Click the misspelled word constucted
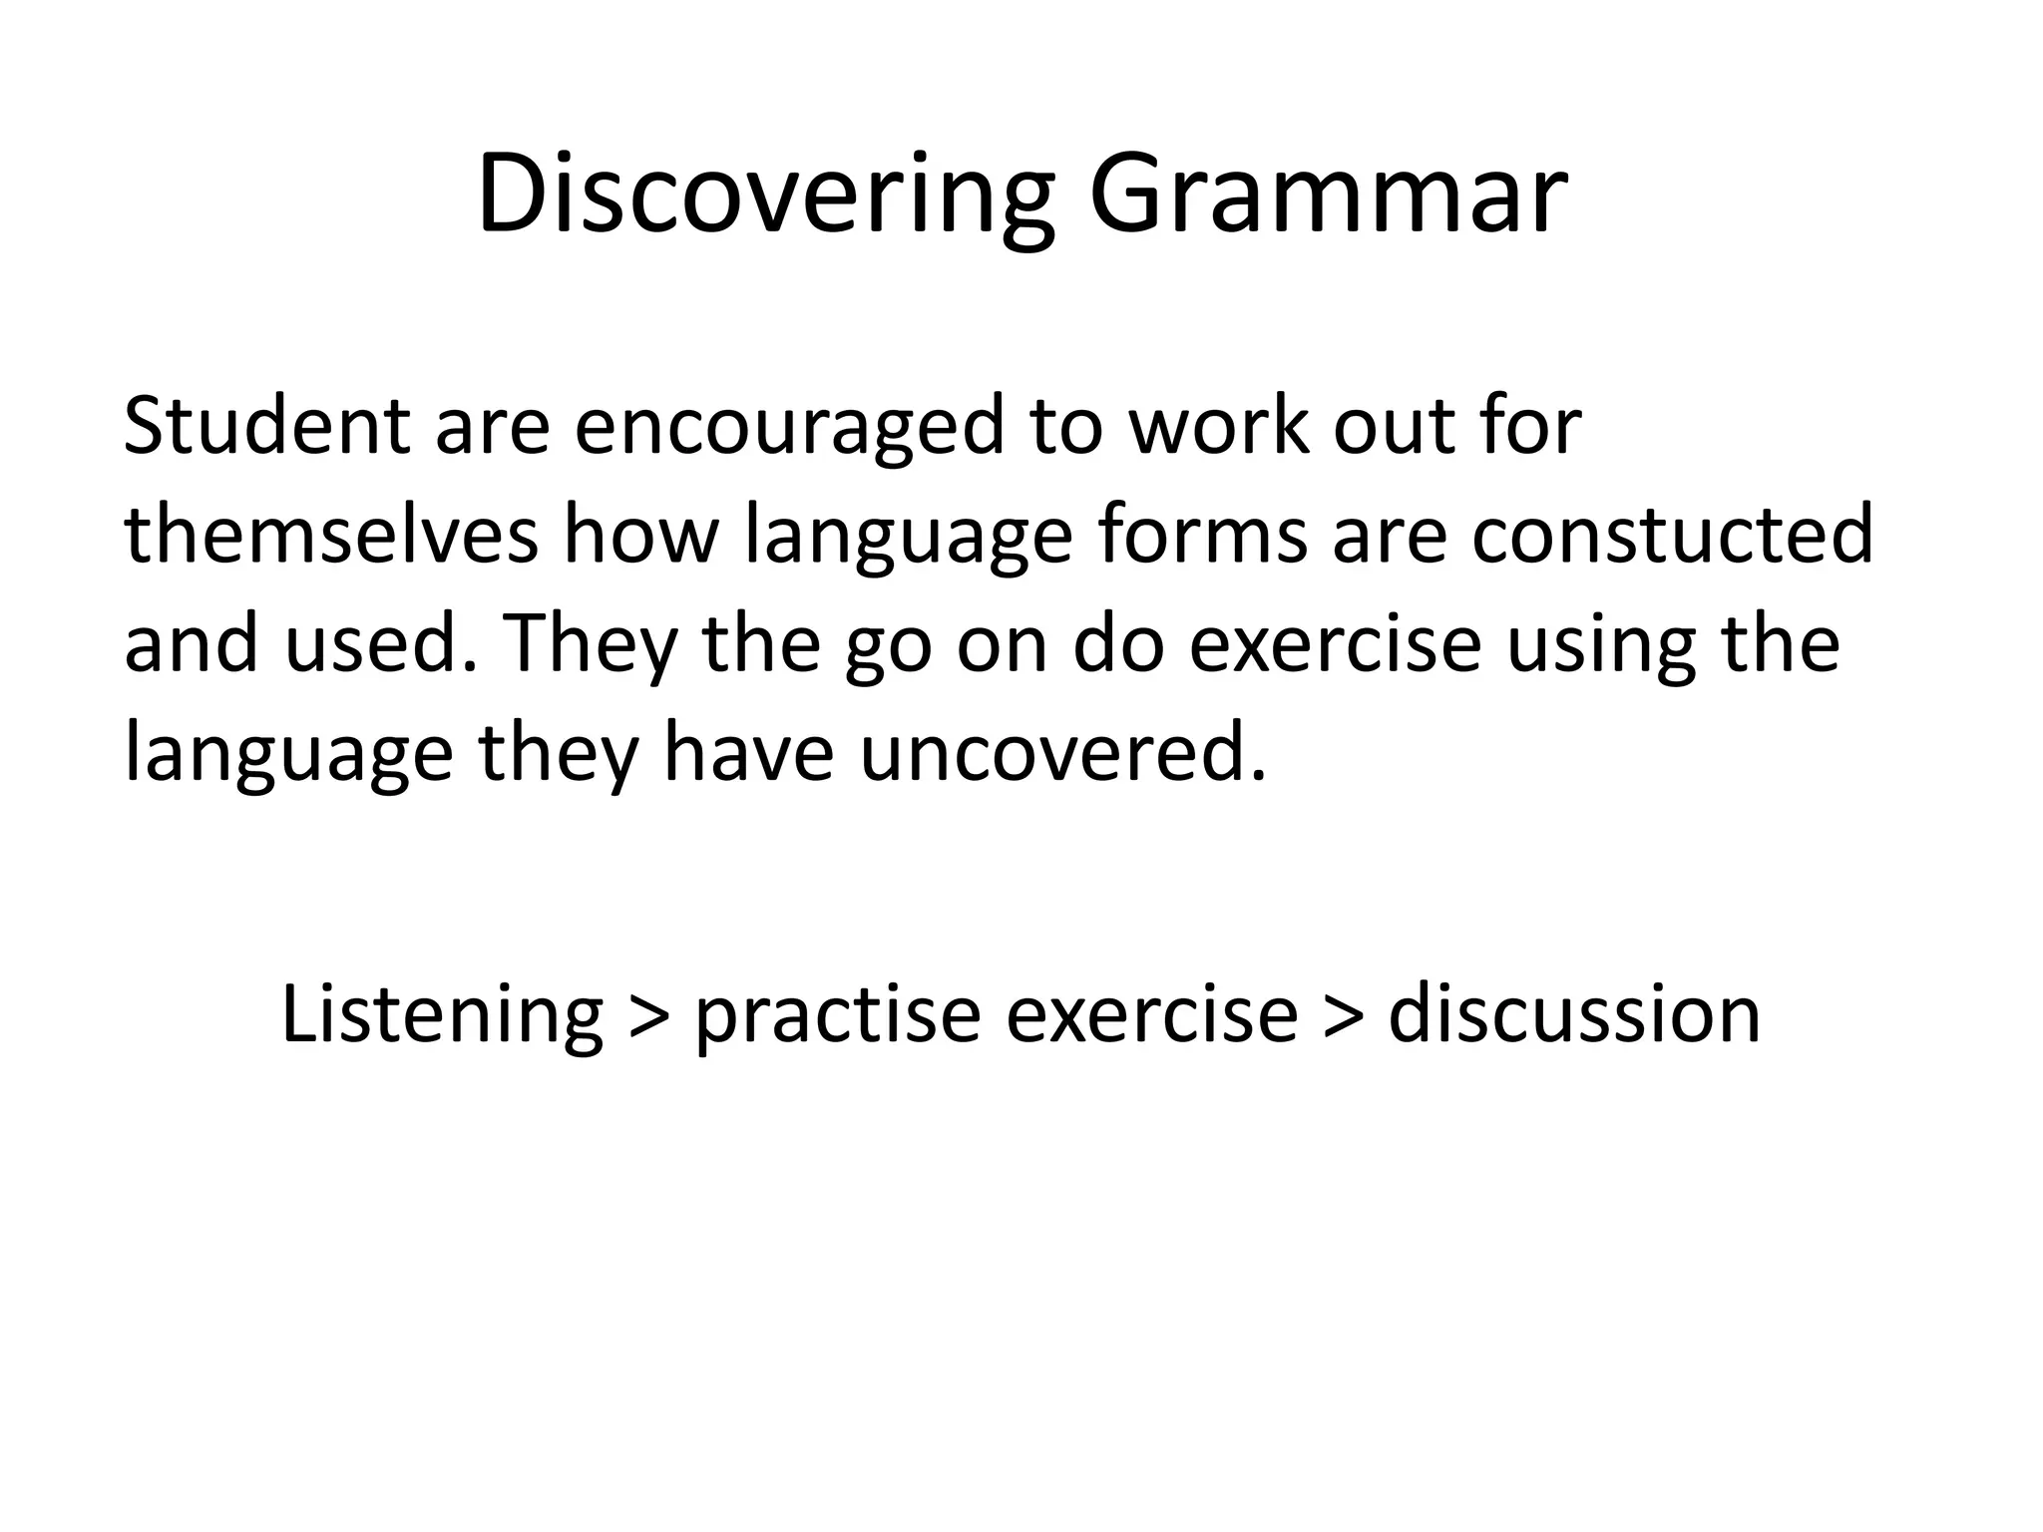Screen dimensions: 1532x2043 [x=1673, y=535]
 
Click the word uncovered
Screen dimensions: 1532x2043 [x=1061, y=753]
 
